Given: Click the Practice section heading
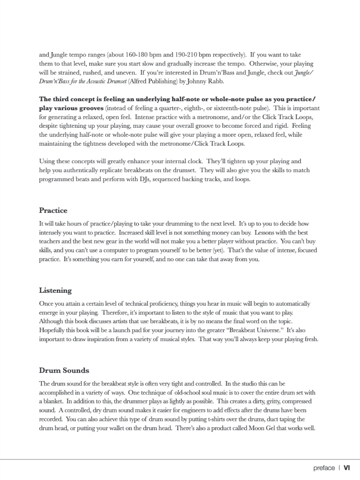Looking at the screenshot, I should (x=53, y=211).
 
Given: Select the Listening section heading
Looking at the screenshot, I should (x=55, y=290).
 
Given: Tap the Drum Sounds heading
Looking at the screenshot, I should (x=64, y=370).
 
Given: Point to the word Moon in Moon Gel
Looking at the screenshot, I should (x=256, y=428).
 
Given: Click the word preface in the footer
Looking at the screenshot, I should (x=324, y=468).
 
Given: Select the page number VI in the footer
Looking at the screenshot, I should (x=347, y=468).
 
